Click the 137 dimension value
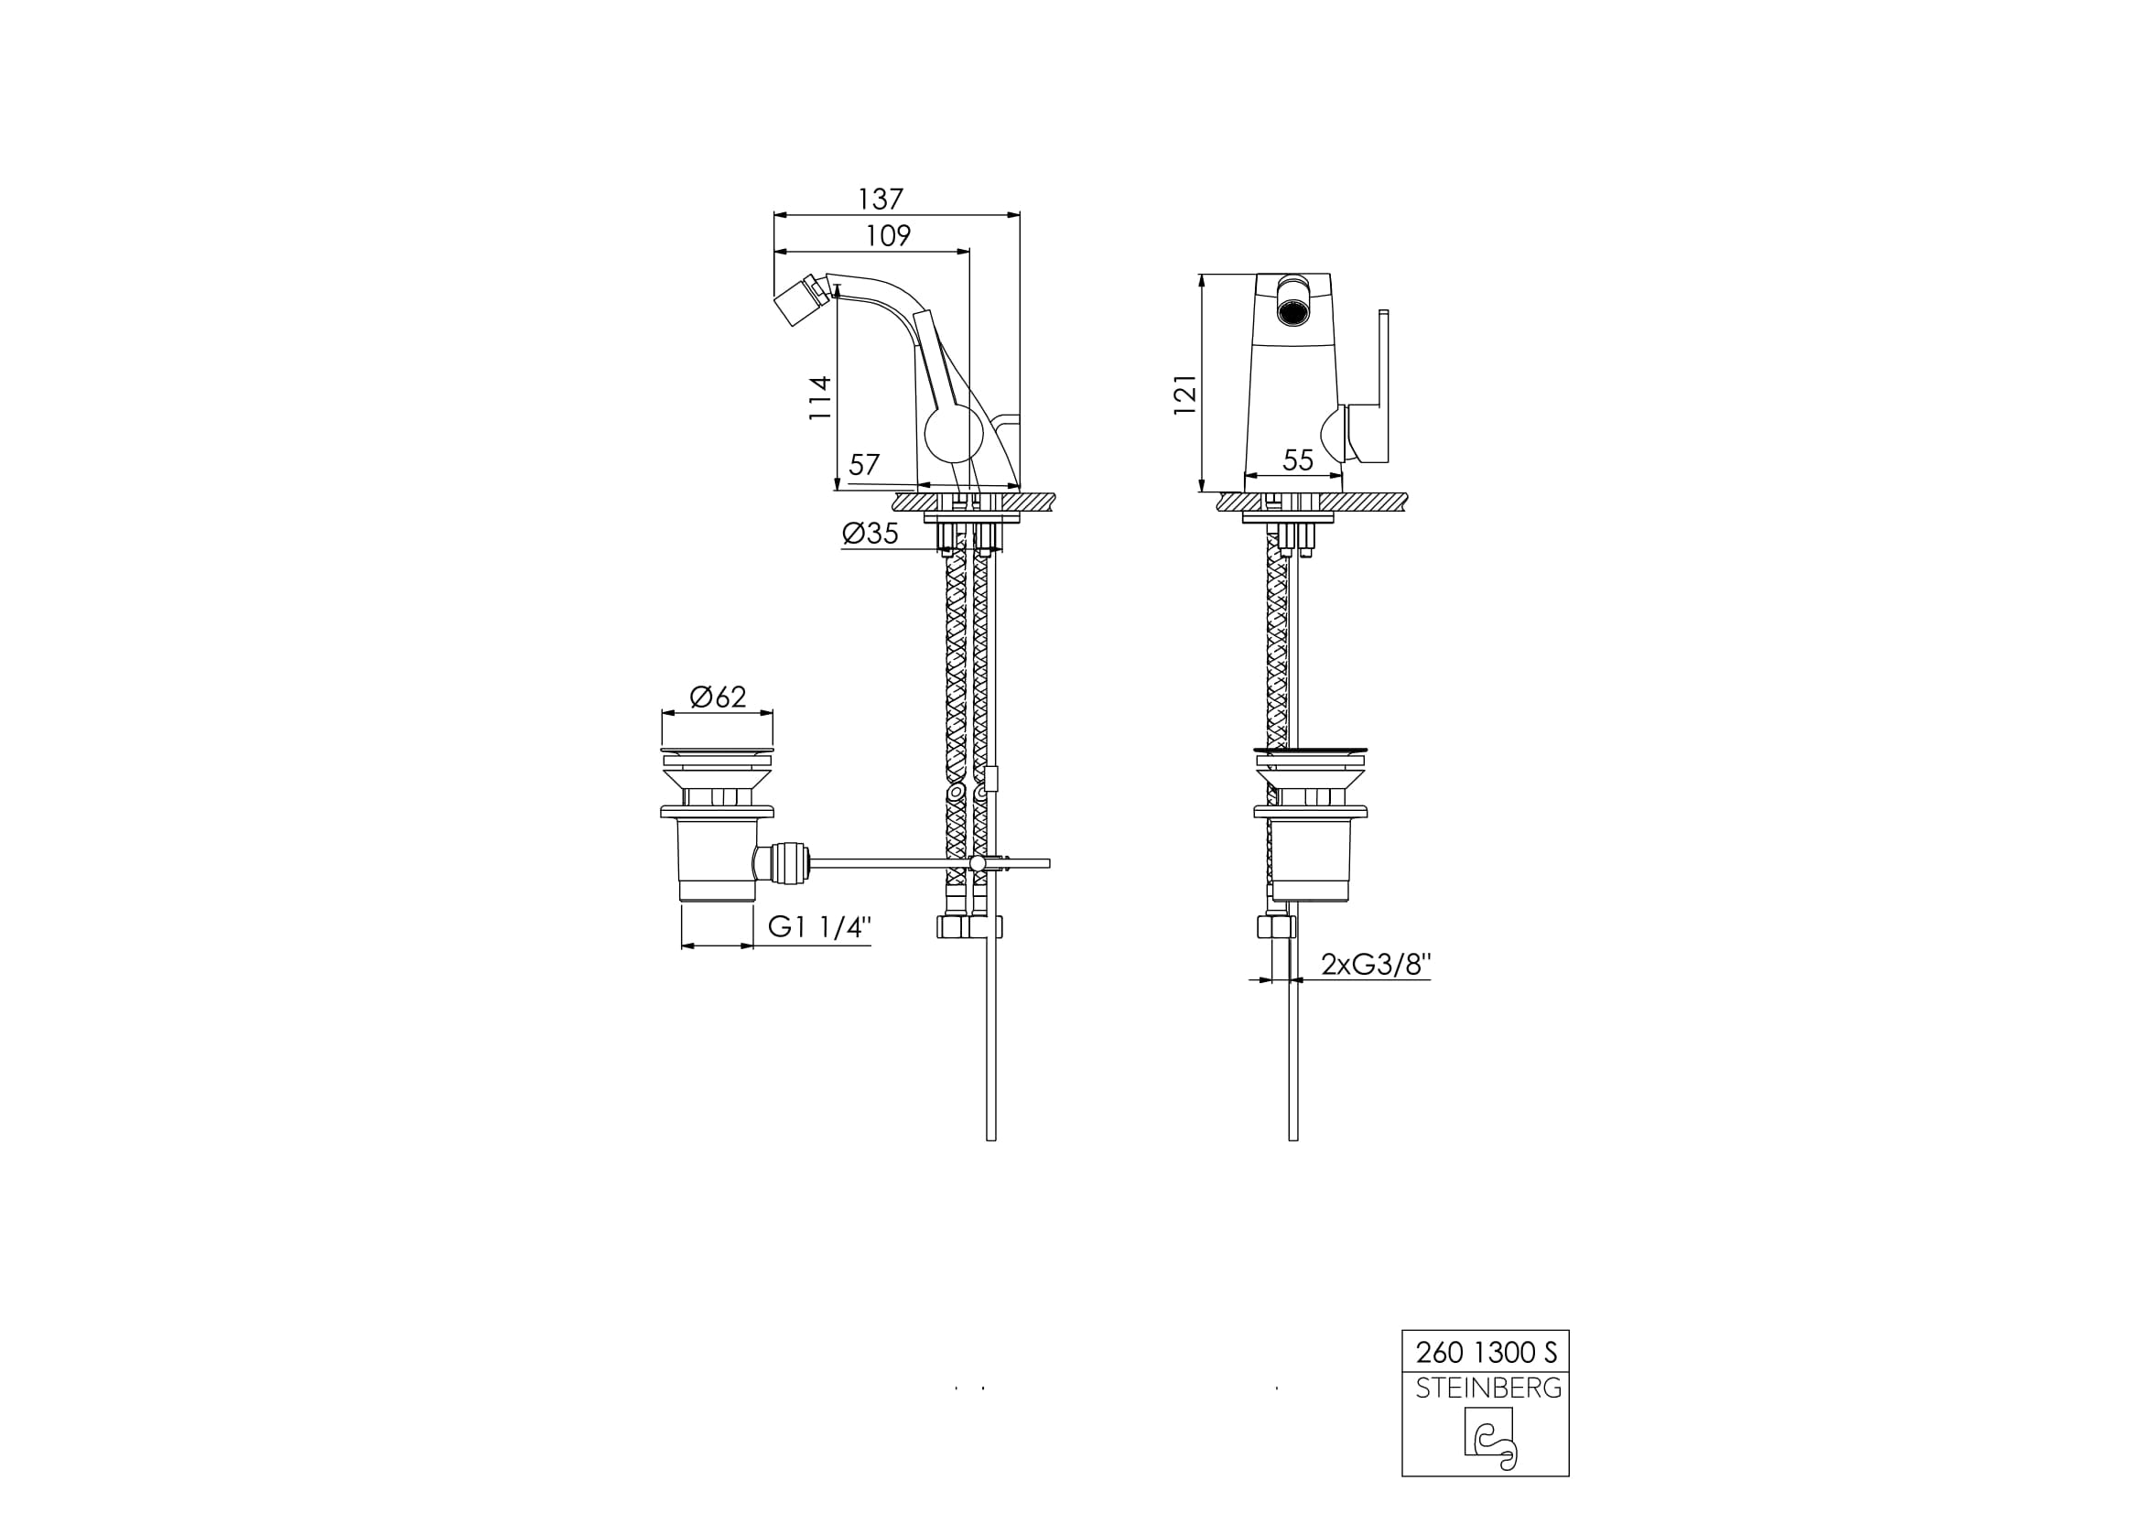(881, 199)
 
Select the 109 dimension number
(888, 236)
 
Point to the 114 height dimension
(819, 398)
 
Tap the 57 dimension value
(864, 464)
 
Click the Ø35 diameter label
(870, 534)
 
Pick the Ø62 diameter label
(718, 697)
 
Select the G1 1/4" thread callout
(819, 926)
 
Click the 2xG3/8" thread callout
(1376, 964)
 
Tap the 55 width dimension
(1298, 460)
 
